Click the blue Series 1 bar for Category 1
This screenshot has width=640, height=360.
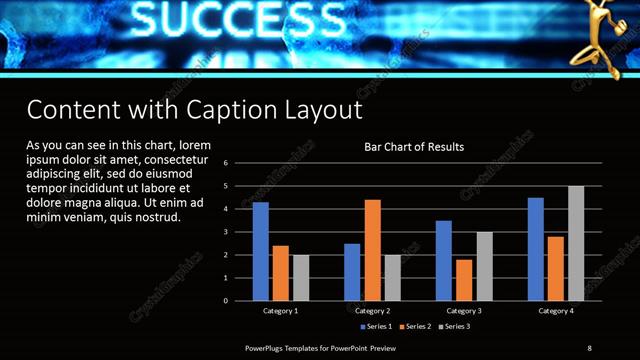(261, 251)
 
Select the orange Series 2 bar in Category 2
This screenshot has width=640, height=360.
(372, 250)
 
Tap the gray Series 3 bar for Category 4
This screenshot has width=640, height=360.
(576, 243)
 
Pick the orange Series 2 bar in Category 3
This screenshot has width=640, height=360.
(464, 280)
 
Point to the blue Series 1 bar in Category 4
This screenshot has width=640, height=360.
(536, 249)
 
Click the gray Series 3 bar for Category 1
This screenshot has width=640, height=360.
(301, 278)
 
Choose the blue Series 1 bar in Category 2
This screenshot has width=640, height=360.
(352, 272)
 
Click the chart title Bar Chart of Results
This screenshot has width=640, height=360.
(413, 148)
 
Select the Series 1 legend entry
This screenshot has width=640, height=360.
(376, 327)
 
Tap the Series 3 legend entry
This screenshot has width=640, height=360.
(455, 327)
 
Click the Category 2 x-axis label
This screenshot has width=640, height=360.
(372, 311)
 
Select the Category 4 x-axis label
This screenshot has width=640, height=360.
(556, 311)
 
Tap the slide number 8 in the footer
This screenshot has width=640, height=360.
(589, 347)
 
